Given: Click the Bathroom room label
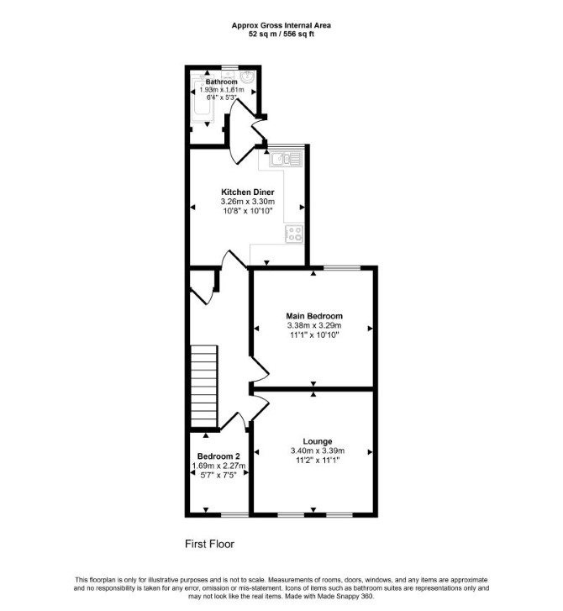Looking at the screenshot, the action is [221, 82].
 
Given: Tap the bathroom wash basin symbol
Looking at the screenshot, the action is [247, 76].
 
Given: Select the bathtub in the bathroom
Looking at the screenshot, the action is [203, 97].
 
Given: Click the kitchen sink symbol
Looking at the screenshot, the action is [286, 159].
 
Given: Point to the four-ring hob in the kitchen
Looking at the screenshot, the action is [294, 234].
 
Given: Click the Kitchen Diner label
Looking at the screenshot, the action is [247, 192].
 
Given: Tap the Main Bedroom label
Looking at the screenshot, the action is [314, 316].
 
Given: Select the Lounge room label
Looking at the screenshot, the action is [318, 441].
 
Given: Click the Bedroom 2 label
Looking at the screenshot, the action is [218, 456].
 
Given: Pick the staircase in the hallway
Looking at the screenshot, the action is [203, 386].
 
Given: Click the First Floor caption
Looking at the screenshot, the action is [209, 544].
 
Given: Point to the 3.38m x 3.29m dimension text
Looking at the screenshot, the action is [314, 325].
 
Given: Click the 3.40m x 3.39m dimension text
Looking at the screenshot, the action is [318, 450].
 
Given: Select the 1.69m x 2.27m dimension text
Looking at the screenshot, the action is [218, 466].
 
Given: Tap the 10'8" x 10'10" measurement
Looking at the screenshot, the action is [247, 211].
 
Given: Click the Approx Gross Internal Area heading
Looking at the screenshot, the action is [281, 26].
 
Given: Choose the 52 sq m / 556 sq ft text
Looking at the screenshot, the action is [281, 34].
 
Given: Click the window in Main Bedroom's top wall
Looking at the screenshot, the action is [342, 268].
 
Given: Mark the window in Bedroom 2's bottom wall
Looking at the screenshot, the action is [234, 515].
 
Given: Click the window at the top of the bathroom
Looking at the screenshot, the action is [229, 67].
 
